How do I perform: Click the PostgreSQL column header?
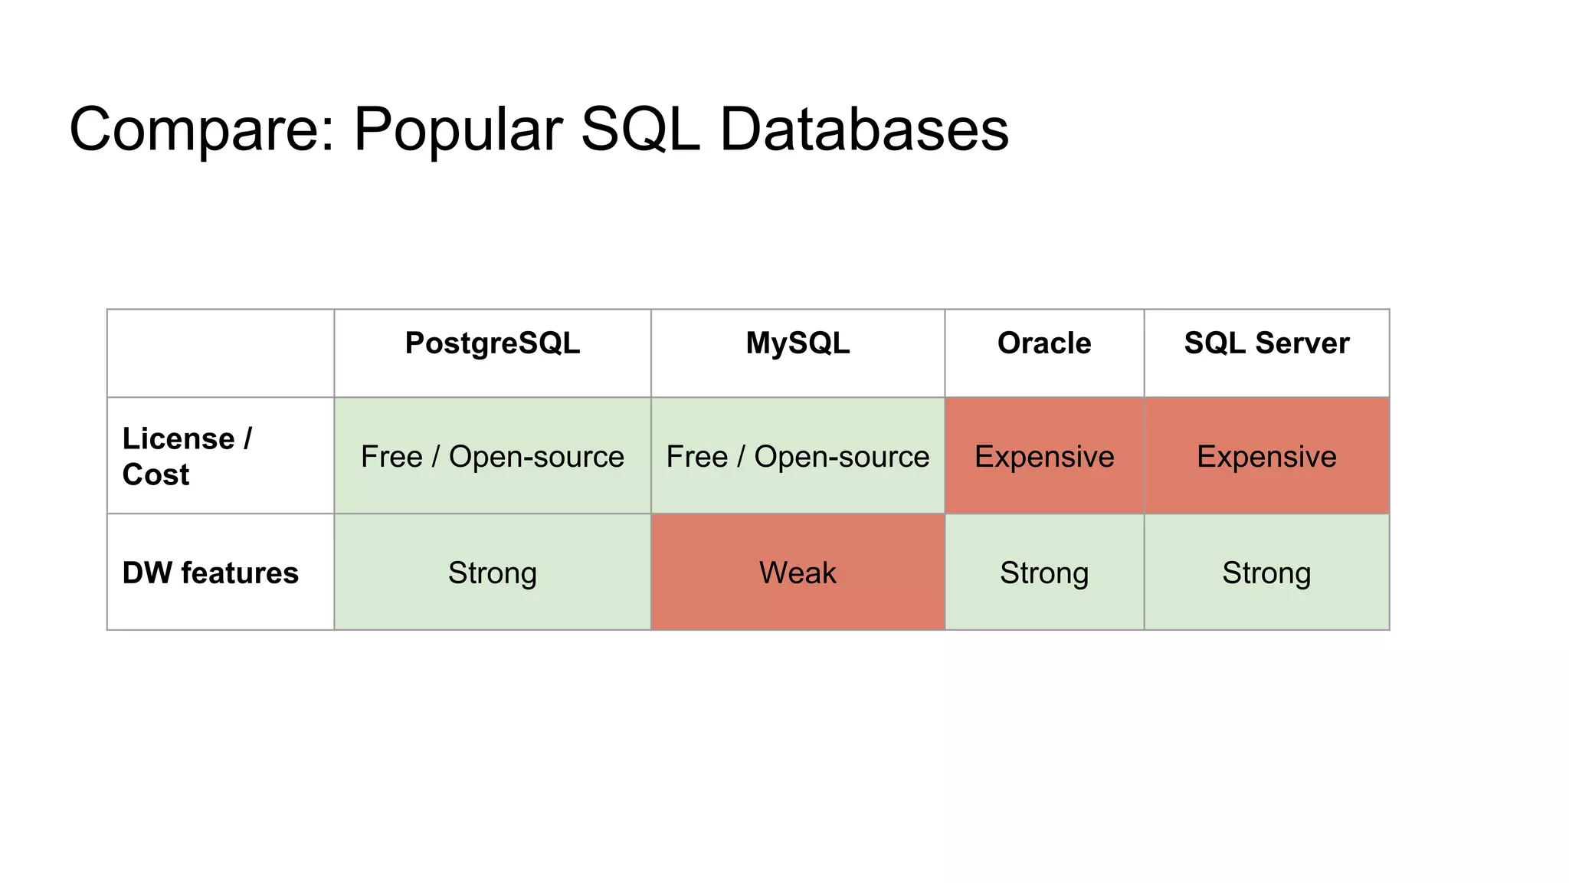pos(492,343)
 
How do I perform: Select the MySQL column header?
pos(798,343)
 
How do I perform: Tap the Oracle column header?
pos(1044,343)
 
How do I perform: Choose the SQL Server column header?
pos(1266,343)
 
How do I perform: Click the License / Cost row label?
pos(187,456)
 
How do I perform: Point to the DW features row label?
pos(210,573)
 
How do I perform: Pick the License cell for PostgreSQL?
pos(492,457)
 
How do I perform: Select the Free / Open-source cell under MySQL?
pos(798,457)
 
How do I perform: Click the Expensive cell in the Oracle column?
pos(1044,457)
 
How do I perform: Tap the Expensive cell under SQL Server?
pos(1266,457)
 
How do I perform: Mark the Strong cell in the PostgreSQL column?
pos(492,573)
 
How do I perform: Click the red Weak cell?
pos(798,573)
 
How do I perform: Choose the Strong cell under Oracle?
pos(1044,573)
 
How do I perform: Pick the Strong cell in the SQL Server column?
pos(1266,573)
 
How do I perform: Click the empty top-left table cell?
pos(221,353)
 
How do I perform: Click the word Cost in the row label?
pos(156,475)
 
